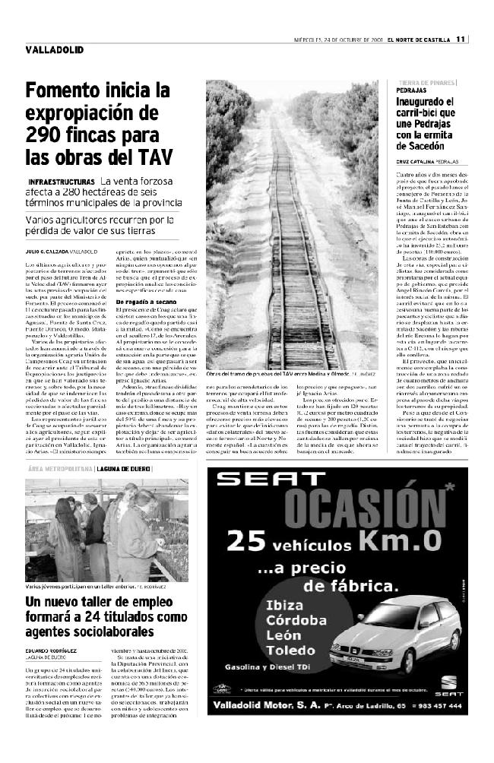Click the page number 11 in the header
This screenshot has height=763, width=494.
(x=461, y=40)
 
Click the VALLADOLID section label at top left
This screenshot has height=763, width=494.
(x=54, y=49)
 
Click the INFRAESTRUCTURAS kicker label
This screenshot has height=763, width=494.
(x=62, y=182)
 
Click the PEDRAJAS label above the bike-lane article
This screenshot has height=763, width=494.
(x=411, y=90)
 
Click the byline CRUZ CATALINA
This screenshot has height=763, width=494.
(x=416, y=162)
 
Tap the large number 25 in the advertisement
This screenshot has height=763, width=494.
(x=244, y=541)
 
